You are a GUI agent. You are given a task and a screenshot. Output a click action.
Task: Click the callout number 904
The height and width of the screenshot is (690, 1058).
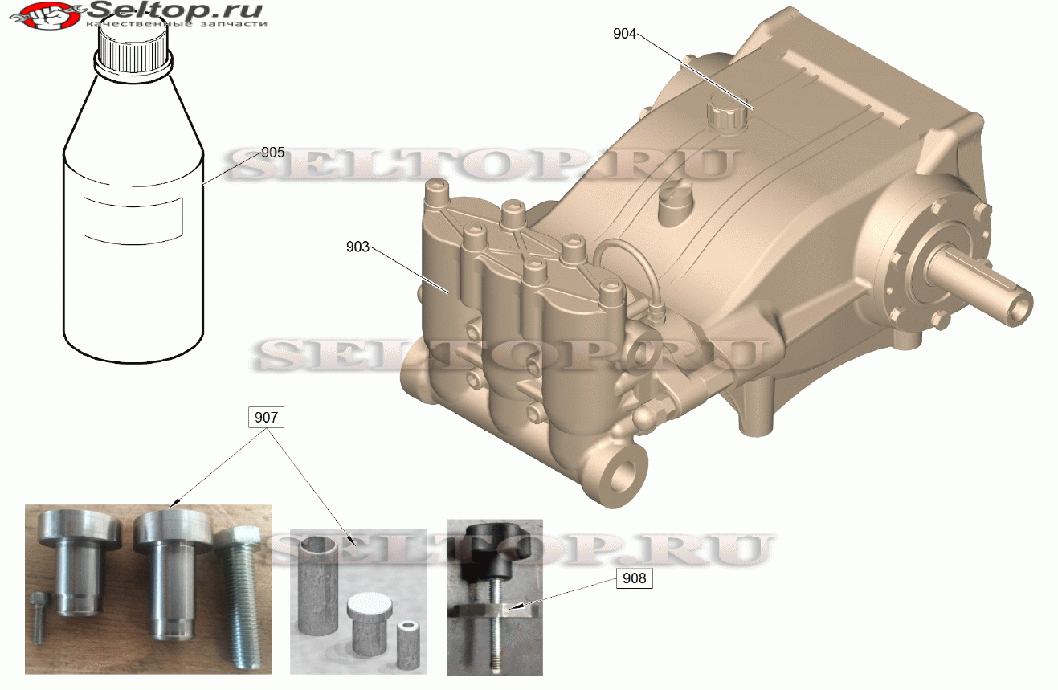tap(624, 34)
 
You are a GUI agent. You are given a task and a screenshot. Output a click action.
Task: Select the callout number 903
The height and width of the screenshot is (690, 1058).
tap(358, 247)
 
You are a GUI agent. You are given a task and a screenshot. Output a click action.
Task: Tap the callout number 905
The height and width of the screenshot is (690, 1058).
tap(272, 152)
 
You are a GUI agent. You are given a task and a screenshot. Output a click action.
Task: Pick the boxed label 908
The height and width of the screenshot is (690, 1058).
tap(634, 578)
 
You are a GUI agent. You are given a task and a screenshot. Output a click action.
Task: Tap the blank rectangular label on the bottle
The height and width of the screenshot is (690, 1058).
tap(134, 217)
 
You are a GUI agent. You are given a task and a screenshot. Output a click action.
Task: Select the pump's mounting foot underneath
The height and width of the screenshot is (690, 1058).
tap(759, 410)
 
